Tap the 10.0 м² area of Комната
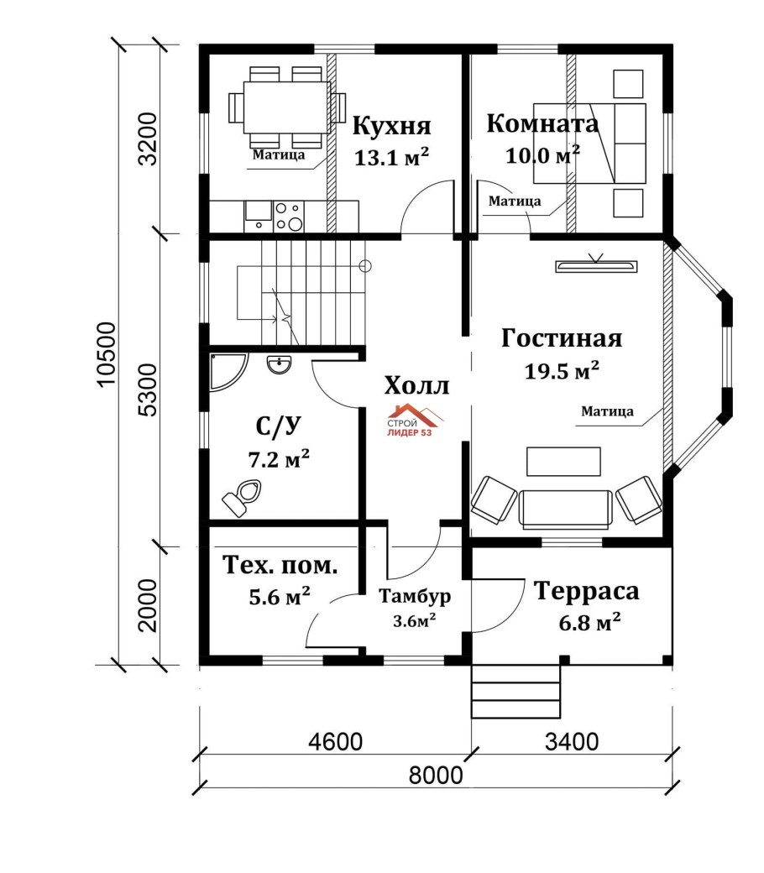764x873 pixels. click(542, 155)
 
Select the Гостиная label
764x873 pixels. click(561, 338)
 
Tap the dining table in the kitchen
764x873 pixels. click(285, 107)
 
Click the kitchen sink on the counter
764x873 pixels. click(258, 215)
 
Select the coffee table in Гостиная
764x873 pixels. click(563, 461)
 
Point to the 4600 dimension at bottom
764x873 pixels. click(334, 742)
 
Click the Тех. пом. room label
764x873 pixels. click(280, 565)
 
